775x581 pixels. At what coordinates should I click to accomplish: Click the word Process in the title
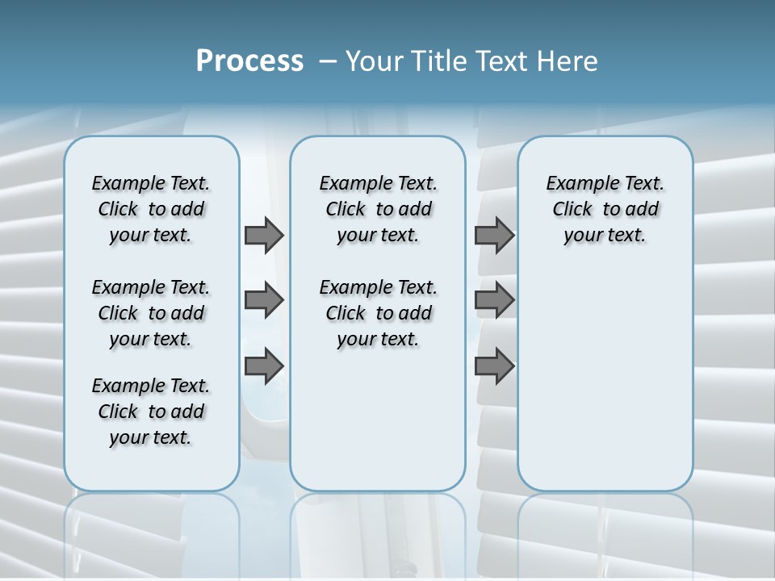coord(249,61)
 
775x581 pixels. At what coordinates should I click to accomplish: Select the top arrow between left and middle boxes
coord(264,236)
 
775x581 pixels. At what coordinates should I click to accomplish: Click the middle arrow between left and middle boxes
coord(264,301)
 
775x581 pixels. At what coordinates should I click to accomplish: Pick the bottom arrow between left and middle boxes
coord(264,366)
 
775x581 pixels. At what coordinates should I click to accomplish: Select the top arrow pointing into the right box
coord(494,236)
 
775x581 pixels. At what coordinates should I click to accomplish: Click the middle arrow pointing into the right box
coord(494,301)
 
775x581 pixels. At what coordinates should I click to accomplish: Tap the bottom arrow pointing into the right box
coord(494,366)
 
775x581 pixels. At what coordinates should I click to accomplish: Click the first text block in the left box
coord(151,209)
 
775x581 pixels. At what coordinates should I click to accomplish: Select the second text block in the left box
coord(151,313)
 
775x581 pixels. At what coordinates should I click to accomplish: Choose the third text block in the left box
coord(151,412)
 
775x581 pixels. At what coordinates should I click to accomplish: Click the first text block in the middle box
coord(378,209)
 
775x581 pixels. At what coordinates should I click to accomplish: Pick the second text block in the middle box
coord(378,313)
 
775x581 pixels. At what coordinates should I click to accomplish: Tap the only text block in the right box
coord(605,209)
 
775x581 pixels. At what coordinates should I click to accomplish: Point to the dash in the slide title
coord(328,61)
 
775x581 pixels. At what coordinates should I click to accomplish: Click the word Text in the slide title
coord(502,61)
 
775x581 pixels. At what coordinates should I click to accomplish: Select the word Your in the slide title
coord(374,61)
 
